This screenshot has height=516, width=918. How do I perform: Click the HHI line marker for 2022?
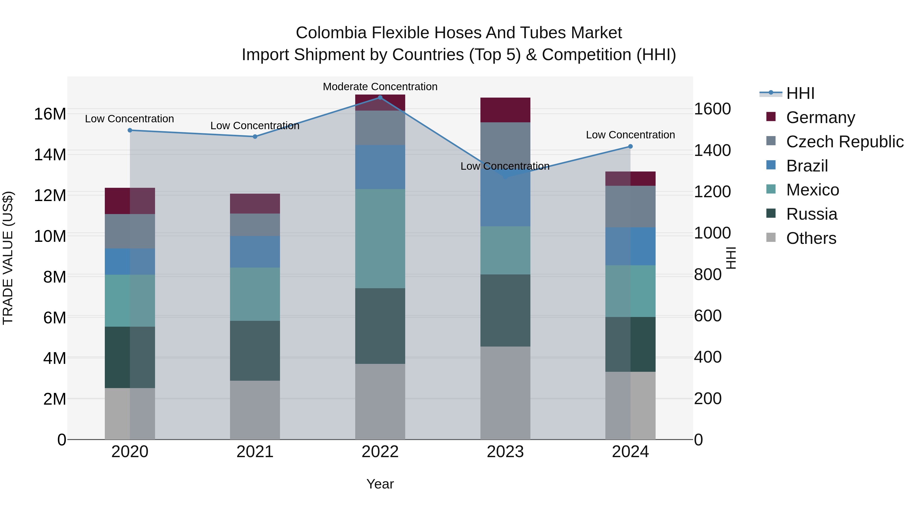pos(380,97)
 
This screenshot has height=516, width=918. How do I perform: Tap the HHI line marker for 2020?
pos(130,130)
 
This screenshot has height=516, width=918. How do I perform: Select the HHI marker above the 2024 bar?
pos(630,146)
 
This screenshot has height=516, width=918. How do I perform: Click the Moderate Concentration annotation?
pos(380,87)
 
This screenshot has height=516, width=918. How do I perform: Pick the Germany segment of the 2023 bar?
pos(505,110)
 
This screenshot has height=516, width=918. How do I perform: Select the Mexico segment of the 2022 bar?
pos(380,239)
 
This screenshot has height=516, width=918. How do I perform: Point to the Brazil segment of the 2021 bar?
pos(255,252)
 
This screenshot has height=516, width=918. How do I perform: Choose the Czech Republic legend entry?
pos(845,142)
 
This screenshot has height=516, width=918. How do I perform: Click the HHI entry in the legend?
pos(800,93)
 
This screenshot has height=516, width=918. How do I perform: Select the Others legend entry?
pos(811,238)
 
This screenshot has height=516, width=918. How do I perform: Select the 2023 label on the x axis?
pos(505,452)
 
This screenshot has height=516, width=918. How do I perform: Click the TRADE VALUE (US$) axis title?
pos(8,258)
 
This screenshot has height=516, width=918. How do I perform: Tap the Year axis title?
pos(380,484)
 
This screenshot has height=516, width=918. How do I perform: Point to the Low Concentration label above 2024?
pos(630,135)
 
